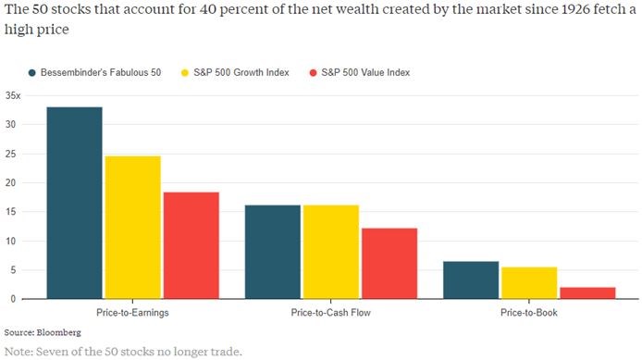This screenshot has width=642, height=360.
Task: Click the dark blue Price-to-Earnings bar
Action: click(x=75, y=203)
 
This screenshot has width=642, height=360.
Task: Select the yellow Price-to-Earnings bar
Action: click(x=133, y=228)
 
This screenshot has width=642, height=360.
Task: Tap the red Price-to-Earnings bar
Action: click(x=191, y=245)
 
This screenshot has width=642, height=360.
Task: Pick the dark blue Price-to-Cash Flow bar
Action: click(x=273, y=252)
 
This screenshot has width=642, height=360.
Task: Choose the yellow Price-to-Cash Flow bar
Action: click(x=331, y=252)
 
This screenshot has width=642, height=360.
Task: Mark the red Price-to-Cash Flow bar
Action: click(x=389, y=264)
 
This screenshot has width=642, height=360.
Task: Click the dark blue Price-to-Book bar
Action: click(x=471, y=280)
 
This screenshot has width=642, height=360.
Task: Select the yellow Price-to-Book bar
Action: click(x=529, y=283)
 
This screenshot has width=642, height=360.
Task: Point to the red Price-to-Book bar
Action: click(x=587, y=292)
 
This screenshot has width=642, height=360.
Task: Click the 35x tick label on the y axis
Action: click(x=13, y=96)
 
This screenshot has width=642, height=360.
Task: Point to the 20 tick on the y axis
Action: click(x=11, y=182)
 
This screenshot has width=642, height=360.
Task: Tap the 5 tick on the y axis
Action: click(x=13, y=270)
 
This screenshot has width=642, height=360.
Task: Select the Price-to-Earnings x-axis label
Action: click(x=132, y=313)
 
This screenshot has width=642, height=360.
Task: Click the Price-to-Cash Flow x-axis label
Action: click(x=331, y=313)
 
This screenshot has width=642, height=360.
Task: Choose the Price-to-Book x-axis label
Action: click(x=529, y=313)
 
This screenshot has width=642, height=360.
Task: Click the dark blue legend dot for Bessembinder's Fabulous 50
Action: click(x=32, y=73)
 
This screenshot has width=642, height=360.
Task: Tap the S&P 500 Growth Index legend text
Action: click(x=241, y=72)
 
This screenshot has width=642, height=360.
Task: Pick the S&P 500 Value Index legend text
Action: click(x=365, y=72)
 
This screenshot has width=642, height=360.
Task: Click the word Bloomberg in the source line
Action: click(x=59, y=332)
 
